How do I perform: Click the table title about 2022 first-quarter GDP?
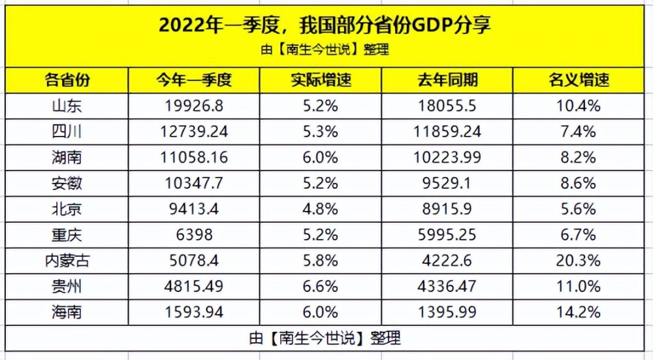[325, 25]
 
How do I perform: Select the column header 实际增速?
[321, 80]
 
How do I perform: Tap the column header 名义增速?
[579, 80]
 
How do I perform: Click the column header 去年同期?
[447, 80]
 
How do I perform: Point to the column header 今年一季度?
[194, 80]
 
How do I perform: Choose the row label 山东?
[67, 106]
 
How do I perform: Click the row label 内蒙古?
[67, 261]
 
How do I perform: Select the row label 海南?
[67, 312]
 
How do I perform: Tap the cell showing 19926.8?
[194, 106]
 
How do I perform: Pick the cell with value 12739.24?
[194, 132]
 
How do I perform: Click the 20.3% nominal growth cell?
[579, 261]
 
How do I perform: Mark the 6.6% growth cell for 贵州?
[320, 287]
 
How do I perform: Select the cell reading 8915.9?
[447, 209]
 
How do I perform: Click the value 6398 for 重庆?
[194, 235]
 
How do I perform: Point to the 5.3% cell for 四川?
[320, 132]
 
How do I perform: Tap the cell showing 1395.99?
[447, 312]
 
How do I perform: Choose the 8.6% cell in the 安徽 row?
[579, 184]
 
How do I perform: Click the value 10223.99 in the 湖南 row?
[447, 157]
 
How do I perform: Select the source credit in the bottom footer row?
[325, 338]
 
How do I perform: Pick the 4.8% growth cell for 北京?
[320, 209]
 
